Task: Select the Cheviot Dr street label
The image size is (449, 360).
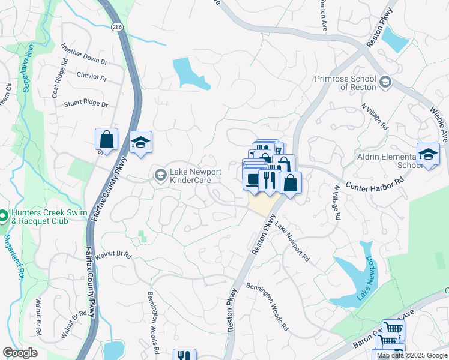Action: pyautogui.click(x=92, y=77)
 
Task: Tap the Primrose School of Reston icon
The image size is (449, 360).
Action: pyautogui.click(x=385, y=82)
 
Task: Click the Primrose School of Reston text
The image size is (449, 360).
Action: pyautogui.click(x=346, y=83)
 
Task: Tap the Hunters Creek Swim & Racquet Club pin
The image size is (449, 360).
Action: pyautogui.click(x=2, y=215)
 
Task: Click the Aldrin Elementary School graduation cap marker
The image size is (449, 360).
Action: pyautogui.click(x=428, y=155)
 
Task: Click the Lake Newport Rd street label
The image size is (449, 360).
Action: pyautogui.click(x=293, y=241)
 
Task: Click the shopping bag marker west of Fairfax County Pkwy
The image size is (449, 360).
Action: pyautogui.click(x=106, y=140)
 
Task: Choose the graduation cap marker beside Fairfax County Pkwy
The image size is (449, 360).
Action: pyautogui.click(x=140, y=143)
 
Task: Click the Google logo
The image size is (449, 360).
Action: pyautogui.click(x=20, y=353)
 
